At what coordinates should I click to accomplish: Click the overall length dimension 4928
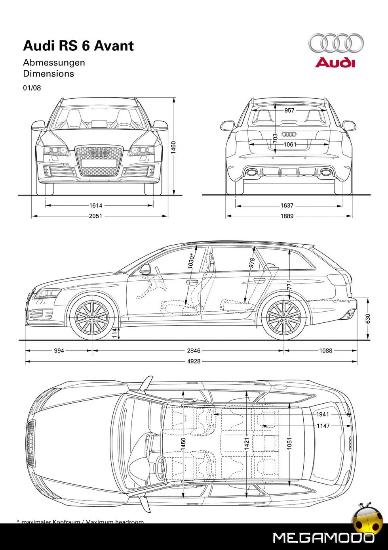click(194, 361)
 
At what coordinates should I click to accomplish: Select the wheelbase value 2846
click(194, 351)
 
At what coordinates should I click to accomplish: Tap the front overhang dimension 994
click(59, 351)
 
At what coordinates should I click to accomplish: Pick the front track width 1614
click(96, 205)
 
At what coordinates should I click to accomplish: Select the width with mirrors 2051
click(96, 216)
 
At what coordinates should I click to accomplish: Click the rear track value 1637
click(287, 205)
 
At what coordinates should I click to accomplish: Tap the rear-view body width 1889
click(287, 216)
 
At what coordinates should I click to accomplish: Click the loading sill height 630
click(368, 318)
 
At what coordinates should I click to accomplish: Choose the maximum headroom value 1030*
click(191, 262)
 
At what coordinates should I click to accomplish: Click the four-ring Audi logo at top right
click(336, 43)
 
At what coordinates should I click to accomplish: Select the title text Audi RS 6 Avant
click(78, 46)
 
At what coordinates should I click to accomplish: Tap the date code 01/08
click(32, 88)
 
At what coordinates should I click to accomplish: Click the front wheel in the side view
click(92, 317)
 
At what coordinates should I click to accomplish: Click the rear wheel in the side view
click(284, 317)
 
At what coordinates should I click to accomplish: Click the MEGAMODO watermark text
click(323, 538)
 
